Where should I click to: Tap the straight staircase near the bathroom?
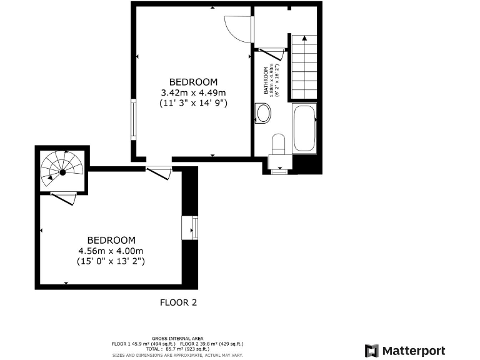coord(305,67)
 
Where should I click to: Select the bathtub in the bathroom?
coord(304,129)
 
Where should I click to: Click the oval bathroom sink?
coord(264,114)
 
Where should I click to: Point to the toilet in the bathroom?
coord(278,144)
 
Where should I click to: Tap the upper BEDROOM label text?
coord(193,82)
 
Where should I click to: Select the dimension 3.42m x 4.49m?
coord(193,92)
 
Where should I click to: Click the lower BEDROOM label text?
coord(111,240)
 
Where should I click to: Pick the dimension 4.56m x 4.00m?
coord(111,251)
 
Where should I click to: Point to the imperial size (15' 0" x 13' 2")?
coord(111,261)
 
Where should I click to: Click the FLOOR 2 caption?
coord(179,302)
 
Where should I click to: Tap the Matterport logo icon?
coord(371,350)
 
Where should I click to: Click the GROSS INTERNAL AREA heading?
coord(177,338)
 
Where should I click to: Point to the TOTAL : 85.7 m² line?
coord(177,349)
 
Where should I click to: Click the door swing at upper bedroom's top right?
coord(238,29)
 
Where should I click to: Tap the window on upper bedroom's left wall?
coord(133,119)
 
